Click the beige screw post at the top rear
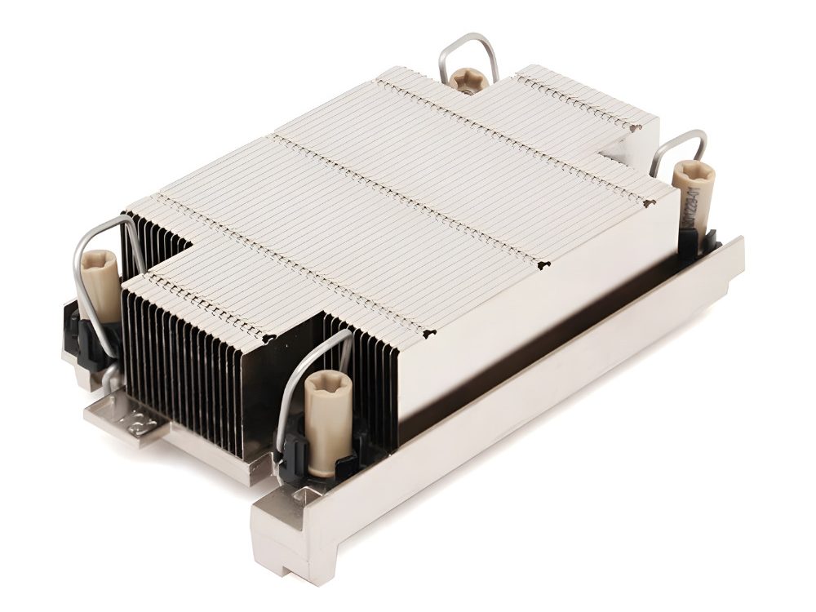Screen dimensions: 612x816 point(467,81)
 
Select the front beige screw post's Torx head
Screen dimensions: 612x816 point(328,384)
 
